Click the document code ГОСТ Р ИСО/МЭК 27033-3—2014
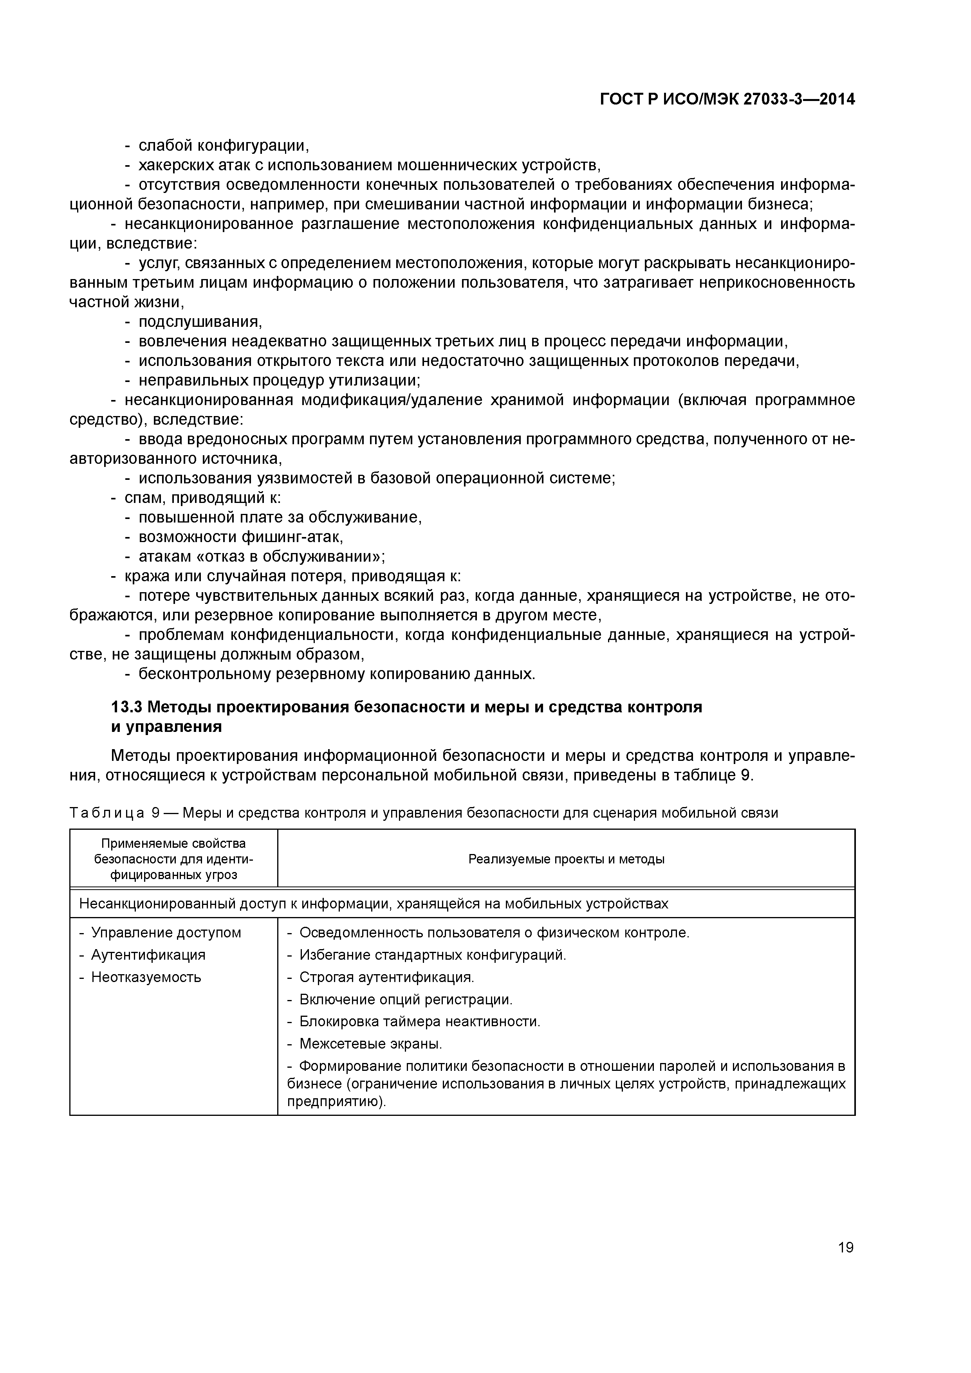tap(727, 100)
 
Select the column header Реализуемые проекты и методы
tap(566, 859)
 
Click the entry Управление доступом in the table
tap(166, 933)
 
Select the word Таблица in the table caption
tap(106, 813)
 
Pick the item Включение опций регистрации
tap(406, 999)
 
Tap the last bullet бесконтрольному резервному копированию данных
tap(336, 674)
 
